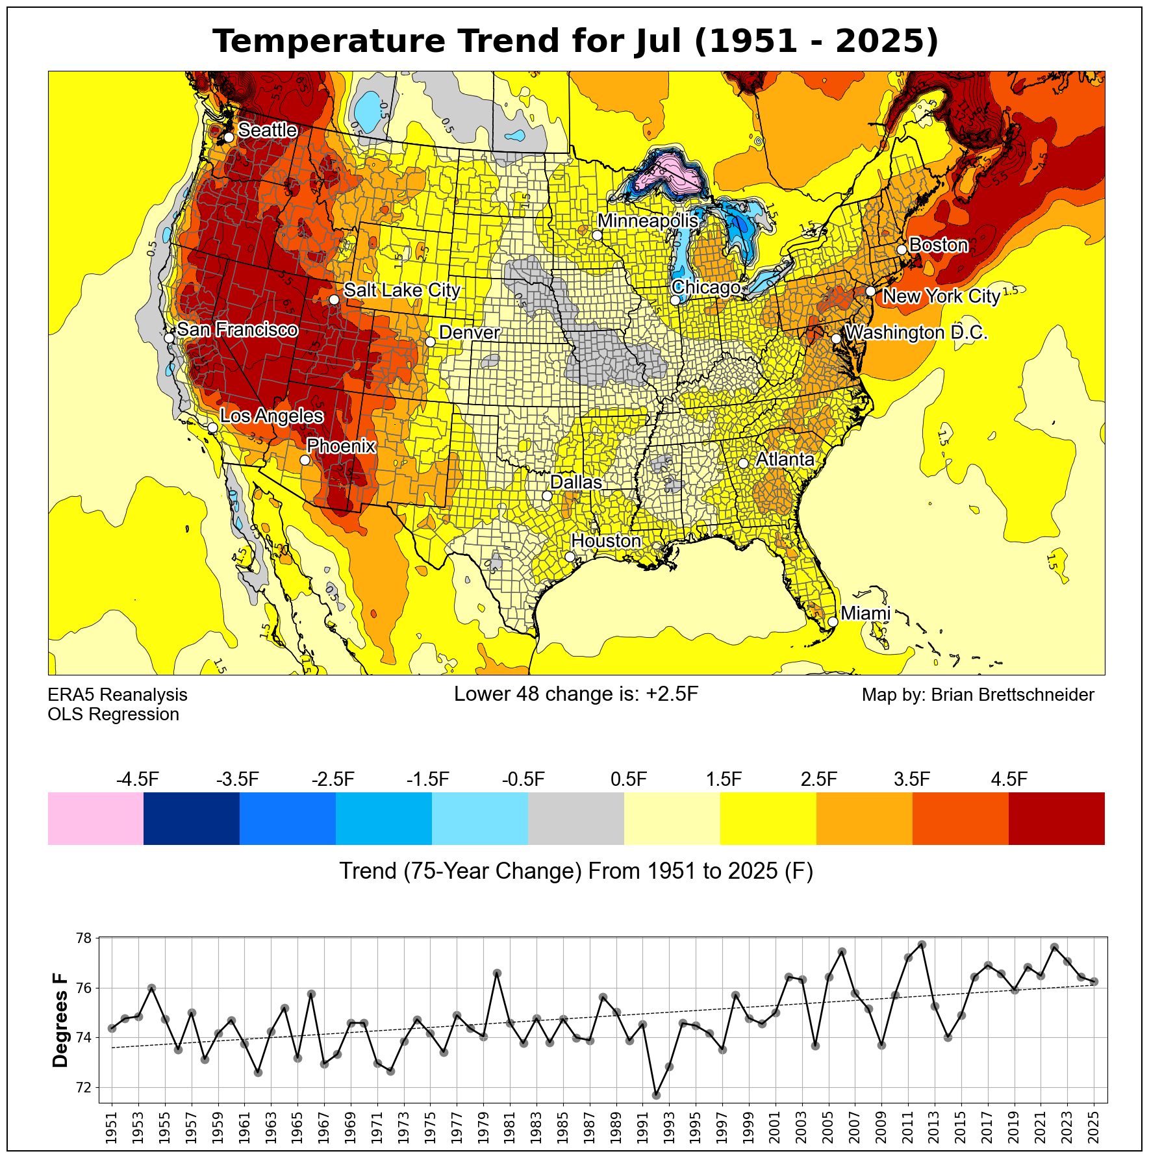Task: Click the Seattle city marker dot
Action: click(x=229, y=138)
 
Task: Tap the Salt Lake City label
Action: click(x=401, y=290)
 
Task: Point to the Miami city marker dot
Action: click(x=833, y=622)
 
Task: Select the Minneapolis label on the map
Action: click(x=648, y=221)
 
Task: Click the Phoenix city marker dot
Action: click(x=305, y=460)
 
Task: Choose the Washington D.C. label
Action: click(x=916, y=333)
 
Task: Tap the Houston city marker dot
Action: click(x=570, y=557)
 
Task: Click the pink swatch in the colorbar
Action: click(x=95, y=818)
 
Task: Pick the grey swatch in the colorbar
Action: click(x=576, y=818)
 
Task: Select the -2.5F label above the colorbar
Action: click(x=333, y=779)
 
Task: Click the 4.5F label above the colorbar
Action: click(x=1009, y=779)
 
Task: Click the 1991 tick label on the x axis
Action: click(x=643, y=1129)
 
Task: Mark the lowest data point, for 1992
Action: click(x=656, y=1096)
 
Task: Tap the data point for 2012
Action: click(x=922, y=944)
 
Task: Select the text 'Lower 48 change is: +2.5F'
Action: click(x=576, y=694)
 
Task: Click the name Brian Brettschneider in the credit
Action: click(x=1013, y=695)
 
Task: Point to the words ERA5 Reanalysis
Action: click(x=118, y=695)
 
